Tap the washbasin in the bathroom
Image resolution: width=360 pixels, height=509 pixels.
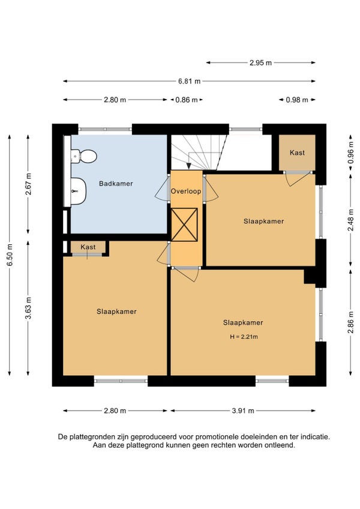[x=78, y=191]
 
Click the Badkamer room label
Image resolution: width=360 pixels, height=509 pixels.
[x=116, y=184]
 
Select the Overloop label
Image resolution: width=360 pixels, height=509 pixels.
[x=186, y=191]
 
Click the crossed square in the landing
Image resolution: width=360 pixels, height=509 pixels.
[x=184, y=224]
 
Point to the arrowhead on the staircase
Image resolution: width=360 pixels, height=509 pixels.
[x=188, y=166]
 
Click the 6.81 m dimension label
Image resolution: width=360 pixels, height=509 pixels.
[x=189, y=81]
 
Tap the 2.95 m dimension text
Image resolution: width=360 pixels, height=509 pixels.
[x=260, y=62]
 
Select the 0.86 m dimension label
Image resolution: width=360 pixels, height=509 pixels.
[x=187, y=100]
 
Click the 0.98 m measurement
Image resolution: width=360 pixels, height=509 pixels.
[x=297, y=100]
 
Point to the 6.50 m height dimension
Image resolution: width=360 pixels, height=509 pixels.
[x=10, y=255]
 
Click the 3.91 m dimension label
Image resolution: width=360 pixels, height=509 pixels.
[x=243, y=411]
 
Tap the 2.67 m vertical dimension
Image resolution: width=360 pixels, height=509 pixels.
[x=29, y=184]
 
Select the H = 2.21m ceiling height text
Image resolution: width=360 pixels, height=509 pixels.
[x=244, y=337]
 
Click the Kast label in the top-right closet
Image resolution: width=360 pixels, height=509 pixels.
[x=298, y=152]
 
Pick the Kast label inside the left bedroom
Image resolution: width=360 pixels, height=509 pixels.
[x=88, y=247]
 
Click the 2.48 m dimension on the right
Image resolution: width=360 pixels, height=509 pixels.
[x=351, y=220]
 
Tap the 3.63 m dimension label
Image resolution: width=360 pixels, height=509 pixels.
[x=29, y=308]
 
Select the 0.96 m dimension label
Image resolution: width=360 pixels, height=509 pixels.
[x=351, y=152]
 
